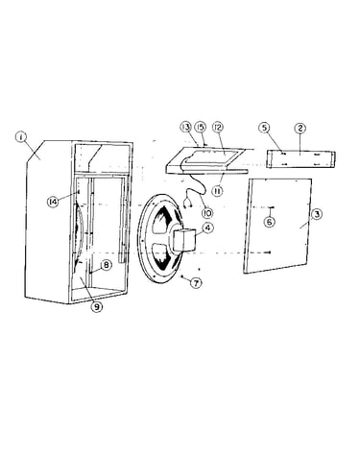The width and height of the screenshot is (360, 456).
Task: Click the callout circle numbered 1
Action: tap(21, 137)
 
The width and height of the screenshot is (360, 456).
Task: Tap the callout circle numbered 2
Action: tap(300, 129)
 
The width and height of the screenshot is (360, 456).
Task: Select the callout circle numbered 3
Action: tap(317, 214)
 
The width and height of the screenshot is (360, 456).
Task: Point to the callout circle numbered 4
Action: tap(207, 228)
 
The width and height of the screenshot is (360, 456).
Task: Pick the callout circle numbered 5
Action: tap(264, 128)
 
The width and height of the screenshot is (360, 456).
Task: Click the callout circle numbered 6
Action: tap(270, 222)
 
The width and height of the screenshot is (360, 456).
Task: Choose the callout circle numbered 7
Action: tap(196, 282)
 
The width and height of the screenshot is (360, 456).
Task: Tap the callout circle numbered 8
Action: tap(106, 265)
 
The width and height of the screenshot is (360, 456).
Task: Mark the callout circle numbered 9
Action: tap(96, 306)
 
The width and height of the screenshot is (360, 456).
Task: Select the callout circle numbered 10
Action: tap(207, 213)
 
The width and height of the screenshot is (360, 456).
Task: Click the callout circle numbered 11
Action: tap(217, 191)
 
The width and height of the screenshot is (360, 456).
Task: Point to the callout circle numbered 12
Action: tap(219, 128)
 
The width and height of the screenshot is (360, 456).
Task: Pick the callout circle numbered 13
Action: tap(185, 128)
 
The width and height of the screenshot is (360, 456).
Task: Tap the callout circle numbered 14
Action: tap(53, 202)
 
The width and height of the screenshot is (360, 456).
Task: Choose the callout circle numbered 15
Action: tap(201, 128)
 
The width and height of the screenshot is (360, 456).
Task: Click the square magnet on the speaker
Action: tap(184, 240)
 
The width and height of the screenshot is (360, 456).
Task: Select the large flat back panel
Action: tap(277, 226)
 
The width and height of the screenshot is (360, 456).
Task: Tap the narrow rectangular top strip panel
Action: tap(301, 159)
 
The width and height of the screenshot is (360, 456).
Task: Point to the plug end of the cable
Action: tap(188, 203)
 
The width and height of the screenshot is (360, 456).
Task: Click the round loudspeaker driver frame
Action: tap(160, 238)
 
